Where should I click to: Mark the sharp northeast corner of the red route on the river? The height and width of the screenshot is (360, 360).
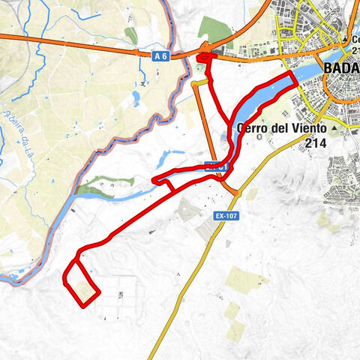coord(291,77)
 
